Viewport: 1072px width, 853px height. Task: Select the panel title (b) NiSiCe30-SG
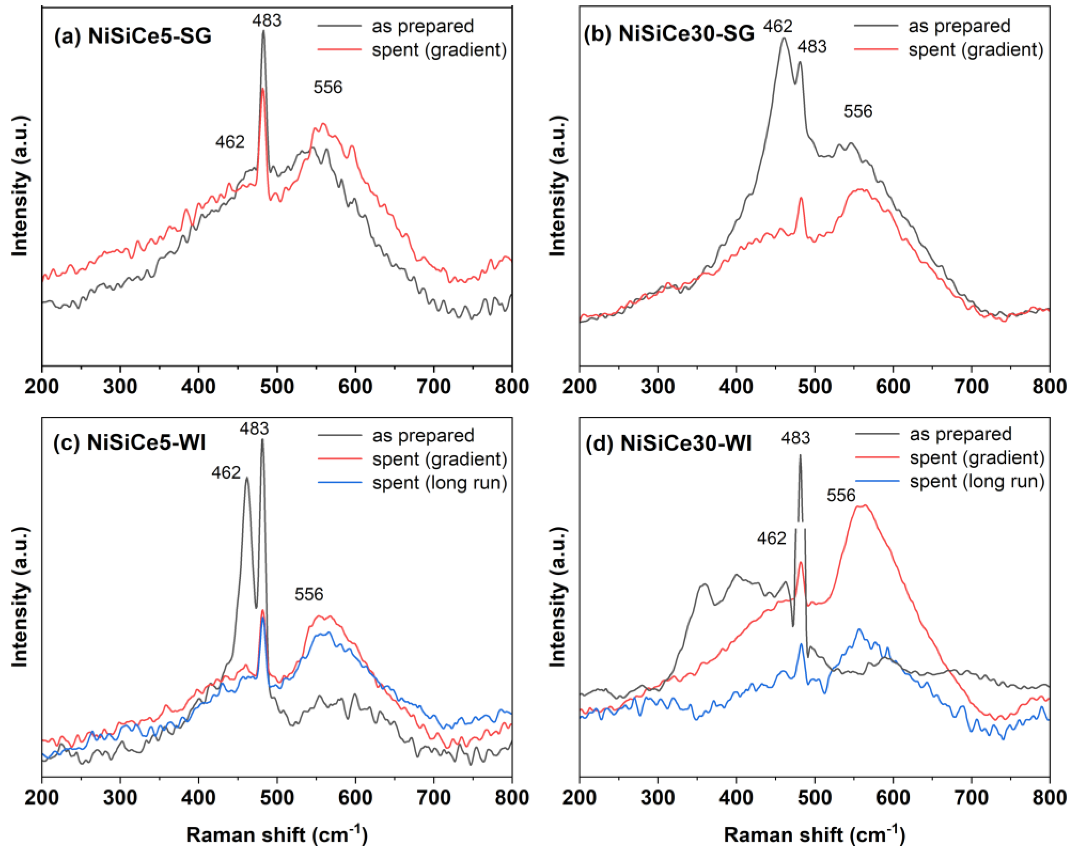coord(669,34)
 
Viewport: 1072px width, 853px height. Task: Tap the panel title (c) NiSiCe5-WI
coord(129,442)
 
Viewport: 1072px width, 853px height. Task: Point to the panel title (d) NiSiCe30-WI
coord(668,443)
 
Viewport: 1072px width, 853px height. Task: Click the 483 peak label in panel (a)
coord(267,20)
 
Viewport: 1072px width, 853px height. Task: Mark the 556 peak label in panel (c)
coord(309,594)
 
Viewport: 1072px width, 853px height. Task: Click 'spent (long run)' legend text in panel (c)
coord(440,483)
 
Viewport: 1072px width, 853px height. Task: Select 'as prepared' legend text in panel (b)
coord(959,26)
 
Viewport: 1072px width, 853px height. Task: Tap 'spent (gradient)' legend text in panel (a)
coord(439,50)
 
